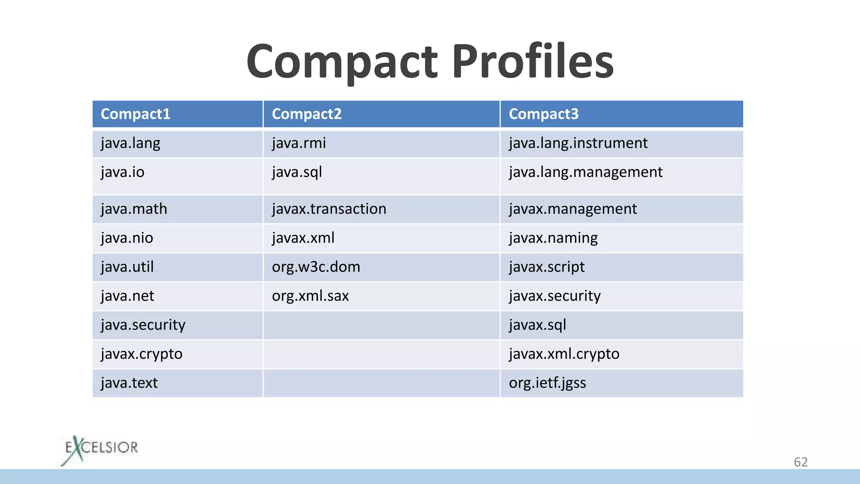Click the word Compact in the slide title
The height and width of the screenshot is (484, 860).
[x=342, y=62]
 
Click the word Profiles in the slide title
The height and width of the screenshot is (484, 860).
[x=532, y=62]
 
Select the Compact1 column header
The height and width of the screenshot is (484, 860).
[x=136, y=114]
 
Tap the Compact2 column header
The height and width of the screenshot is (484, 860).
[x=307, y=114]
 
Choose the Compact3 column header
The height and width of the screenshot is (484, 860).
[x=543, y=114]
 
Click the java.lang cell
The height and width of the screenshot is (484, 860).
[x=131, y=143]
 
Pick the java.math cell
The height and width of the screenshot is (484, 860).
[x=134, y=209]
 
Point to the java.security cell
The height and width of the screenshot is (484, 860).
[x=143, y=325]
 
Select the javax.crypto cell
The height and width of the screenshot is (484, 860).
[x=142, y=354]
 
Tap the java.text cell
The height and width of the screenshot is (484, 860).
[x=129, y=383]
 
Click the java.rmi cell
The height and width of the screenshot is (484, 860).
[x=299, y=143]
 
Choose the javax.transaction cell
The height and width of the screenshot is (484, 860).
[x=329, y=209]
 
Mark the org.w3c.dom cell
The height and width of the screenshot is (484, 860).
[x=316, y=267]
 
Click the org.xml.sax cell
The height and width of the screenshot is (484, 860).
[x=310, y=296]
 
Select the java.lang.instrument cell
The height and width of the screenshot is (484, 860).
[x=578, y=143]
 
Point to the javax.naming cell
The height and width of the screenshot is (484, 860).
[x=553, y=238]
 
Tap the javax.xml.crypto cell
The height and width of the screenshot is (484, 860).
[x=564, y=354]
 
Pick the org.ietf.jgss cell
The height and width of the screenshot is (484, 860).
[x=547, y=383]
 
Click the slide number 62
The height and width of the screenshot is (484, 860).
[x=800, y=462]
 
